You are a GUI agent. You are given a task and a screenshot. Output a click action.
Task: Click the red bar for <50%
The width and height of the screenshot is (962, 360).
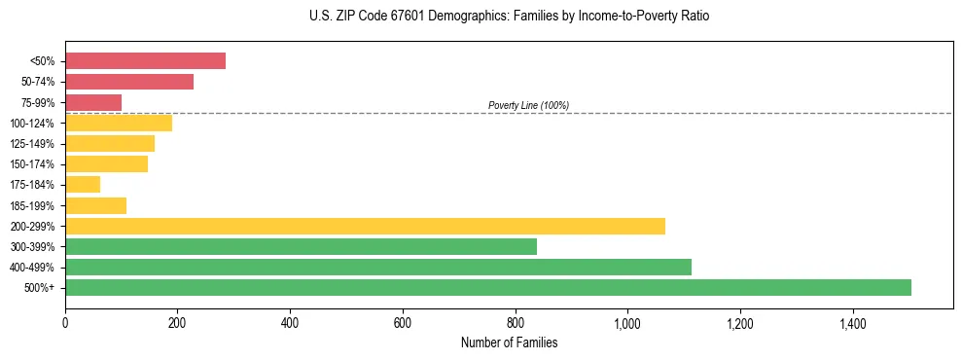tap(145, 61)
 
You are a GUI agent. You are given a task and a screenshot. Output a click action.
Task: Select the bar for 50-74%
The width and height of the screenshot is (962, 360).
tap(129, 82)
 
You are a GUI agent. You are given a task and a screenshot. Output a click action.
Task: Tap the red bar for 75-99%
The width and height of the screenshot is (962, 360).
tap(93, 102)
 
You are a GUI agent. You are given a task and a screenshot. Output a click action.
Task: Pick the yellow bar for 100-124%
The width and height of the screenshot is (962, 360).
tap(119, 123)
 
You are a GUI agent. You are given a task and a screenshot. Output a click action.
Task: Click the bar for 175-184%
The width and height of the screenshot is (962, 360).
tap(83, 184)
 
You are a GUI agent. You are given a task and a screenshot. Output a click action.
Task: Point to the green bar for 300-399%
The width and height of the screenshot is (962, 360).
tap(301, 246)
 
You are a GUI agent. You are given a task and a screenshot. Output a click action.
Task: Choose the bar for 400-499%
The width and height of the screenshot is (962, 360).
tap(378, 267)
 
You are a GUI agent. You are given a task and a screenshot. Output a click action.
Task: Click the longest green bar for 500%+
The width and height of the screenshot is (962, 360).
tap(488, 287)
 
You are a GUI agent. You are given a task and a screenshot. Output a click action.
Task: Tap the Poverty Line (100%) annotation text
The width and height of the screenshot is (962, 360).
tap(528, 105)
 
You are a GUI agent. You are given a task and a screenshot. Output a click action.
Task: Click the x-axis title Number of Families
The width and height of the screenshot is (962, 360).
tap(508, 342)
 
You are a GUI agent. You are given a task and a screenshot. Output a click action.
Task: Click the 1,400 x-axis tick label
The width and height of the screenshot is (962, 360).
tap(852, 322)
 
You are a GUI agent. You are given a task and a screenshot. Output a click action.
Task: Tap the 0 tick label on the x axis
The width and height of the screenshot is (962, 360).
tap(65, 322)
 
